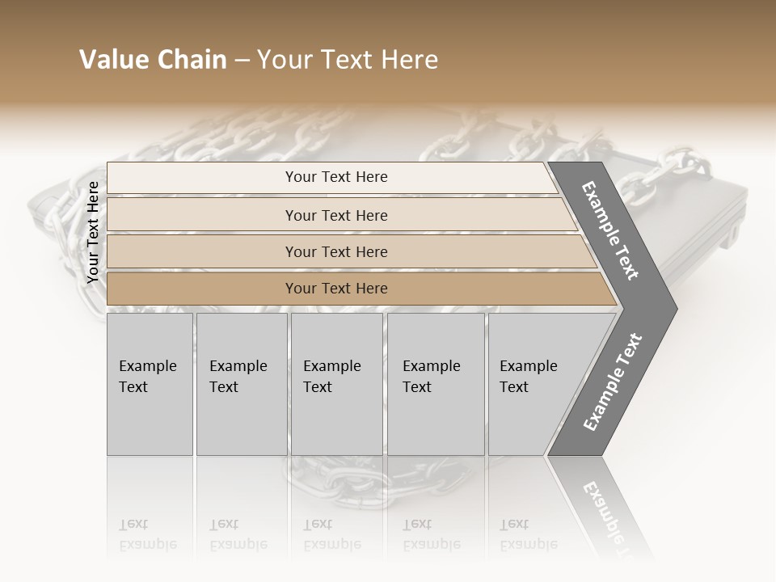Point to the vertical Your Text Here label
(x=93, y=232)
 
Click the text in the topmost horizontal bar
(x=336, y=177)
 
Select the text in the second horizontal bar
(x=336, y=216)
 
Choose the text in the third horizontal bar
(x=336, y=252)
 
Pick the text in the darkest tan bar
(x=336, y=289)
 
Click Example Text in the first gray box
(x=147, y=377)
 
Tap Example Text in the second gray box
(x=238, y=377)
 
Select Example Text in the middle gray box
(x=331, y=377)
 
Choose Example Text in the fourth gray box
(x=431, y=377)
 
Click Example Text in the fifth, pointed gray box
(x=528, y=377)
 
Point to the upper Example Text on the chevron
(x=610, y=231)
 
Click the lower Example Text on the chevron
(x=613, y=382)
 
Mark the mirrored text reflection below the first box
(x=147, y=534)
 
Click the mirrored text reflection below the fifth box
(x=528, y=534)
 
